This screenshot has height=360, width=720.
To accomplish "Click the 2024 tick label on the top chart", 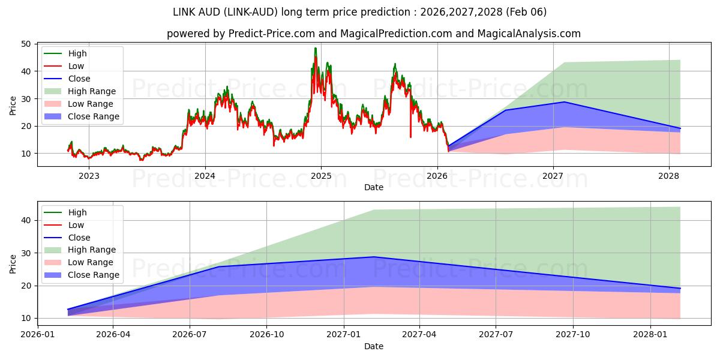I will pos(205,176).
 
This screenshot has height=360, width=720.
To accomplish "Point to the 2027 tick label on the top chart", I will pos(553,176).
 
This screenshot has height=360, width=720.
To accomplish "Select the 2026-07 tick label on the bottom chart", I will pos(190,334).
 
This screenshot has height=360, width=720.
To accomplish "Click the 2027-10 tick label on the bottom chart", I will pos(573,334).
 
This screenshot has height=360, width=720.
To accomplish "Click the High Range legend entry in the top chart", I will pos(92,91).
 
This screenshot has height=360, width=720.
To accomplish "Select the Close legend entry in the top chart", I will pos(79,79).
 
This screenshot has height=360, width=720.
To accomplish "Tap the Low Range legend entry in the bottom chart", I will pos(91,262).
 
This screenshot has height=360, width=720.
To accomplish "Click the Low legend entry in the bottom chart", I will pos(76,225).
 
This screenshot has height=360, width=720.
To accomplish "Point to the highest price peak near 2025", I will pos(315,49).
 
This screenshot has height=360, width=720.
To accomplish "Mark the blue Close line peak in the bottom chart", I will pos(374,257).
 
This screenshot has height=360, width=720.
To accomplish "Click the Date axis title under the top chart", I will pos(373,187).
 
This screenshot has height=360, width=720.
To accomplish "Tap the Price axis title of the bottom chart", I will pos(13,263).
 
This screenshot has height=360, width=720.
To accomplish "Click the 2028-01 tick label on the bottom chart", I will pos(650,334).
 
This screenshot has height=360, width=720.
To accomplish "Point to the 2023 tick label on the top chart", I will pos(89,176).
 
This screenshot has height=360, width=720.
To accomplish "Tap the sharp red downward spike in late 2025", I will pos(410,137).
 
